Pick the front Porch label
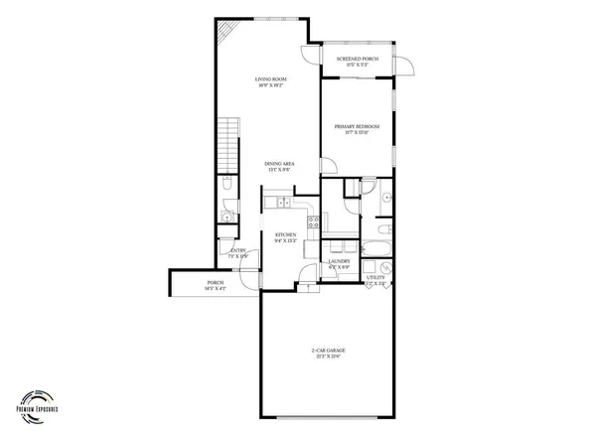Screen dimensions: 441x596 tap(216, 285)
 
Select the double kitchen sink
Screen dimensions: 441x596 tap(283, 203)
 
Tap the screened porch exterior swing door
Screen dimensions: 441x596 tap(406, 66)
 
